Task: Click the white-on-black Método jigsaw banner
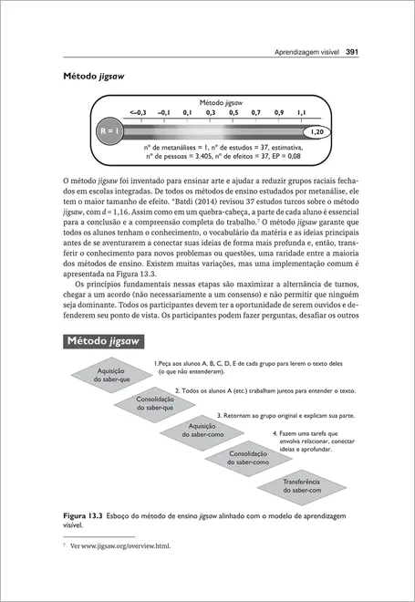click(x=108, y=341)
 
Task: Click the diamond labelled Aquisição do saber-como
click(x=201, y=430)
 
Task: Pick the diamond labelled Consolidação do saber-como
click(x=247, y=458)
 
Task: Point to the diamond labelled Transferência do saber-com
click(x=294, y=486)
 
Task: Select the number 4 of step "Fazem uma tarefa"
click(x=275, y=434)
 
